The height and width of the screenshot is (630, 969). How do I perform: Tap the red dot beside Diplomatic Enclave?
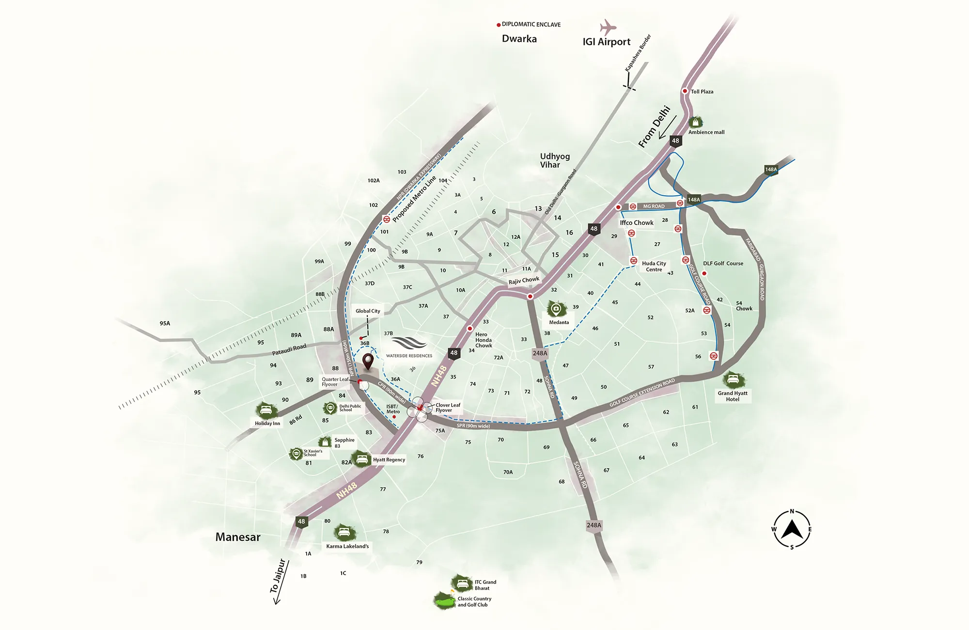click(x=499, y=25)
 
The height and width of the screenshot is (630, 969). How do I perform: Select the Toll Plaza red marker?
click(x=685, y=91)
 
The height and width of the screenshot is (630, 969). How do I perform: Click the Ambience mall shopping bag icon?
click(x=696, y=122)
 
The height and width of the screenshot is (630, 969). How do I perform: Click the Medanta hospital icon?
click(x=556, y=309)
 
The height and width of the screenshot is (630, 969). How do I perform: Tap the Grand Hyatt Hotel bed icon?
click(x=733, y=379)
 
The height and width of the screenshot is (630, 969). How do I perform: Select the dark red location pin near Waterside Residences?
click(x=368, y=361)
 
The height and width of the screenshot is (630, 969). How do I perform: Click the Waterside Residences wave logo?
click(x=409, y=343)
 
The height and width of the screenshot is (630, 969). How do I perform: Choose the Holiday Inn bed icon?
click(x=266, y=410)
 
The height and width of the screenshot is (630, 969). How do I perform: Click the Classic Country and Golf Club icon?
click(x=444, y=601)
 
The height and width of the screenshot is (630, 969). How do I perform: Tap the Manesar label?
click(x=238, y=537)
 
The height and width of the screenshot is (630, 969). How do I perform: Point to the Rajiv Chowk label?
click(x=524, y=281)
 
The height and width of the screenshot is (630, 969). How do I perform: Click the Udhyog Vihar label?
click(x=555, y=160)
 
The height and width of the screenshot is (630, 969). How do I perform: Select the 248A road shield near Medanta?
click(x=540, y=354)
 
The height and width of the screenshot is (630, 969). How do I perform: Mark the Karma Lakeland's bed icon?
click(x=344, y=533)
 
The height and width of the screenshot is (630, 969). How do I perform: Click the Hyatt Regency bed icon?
click(x=361, y=458)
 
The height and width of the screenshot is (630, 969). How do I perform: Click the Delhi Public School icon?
click(x=330, y=408)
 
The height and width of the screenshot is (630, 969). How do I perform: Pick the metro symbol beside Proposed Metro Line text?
click(x=387, y=219)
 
